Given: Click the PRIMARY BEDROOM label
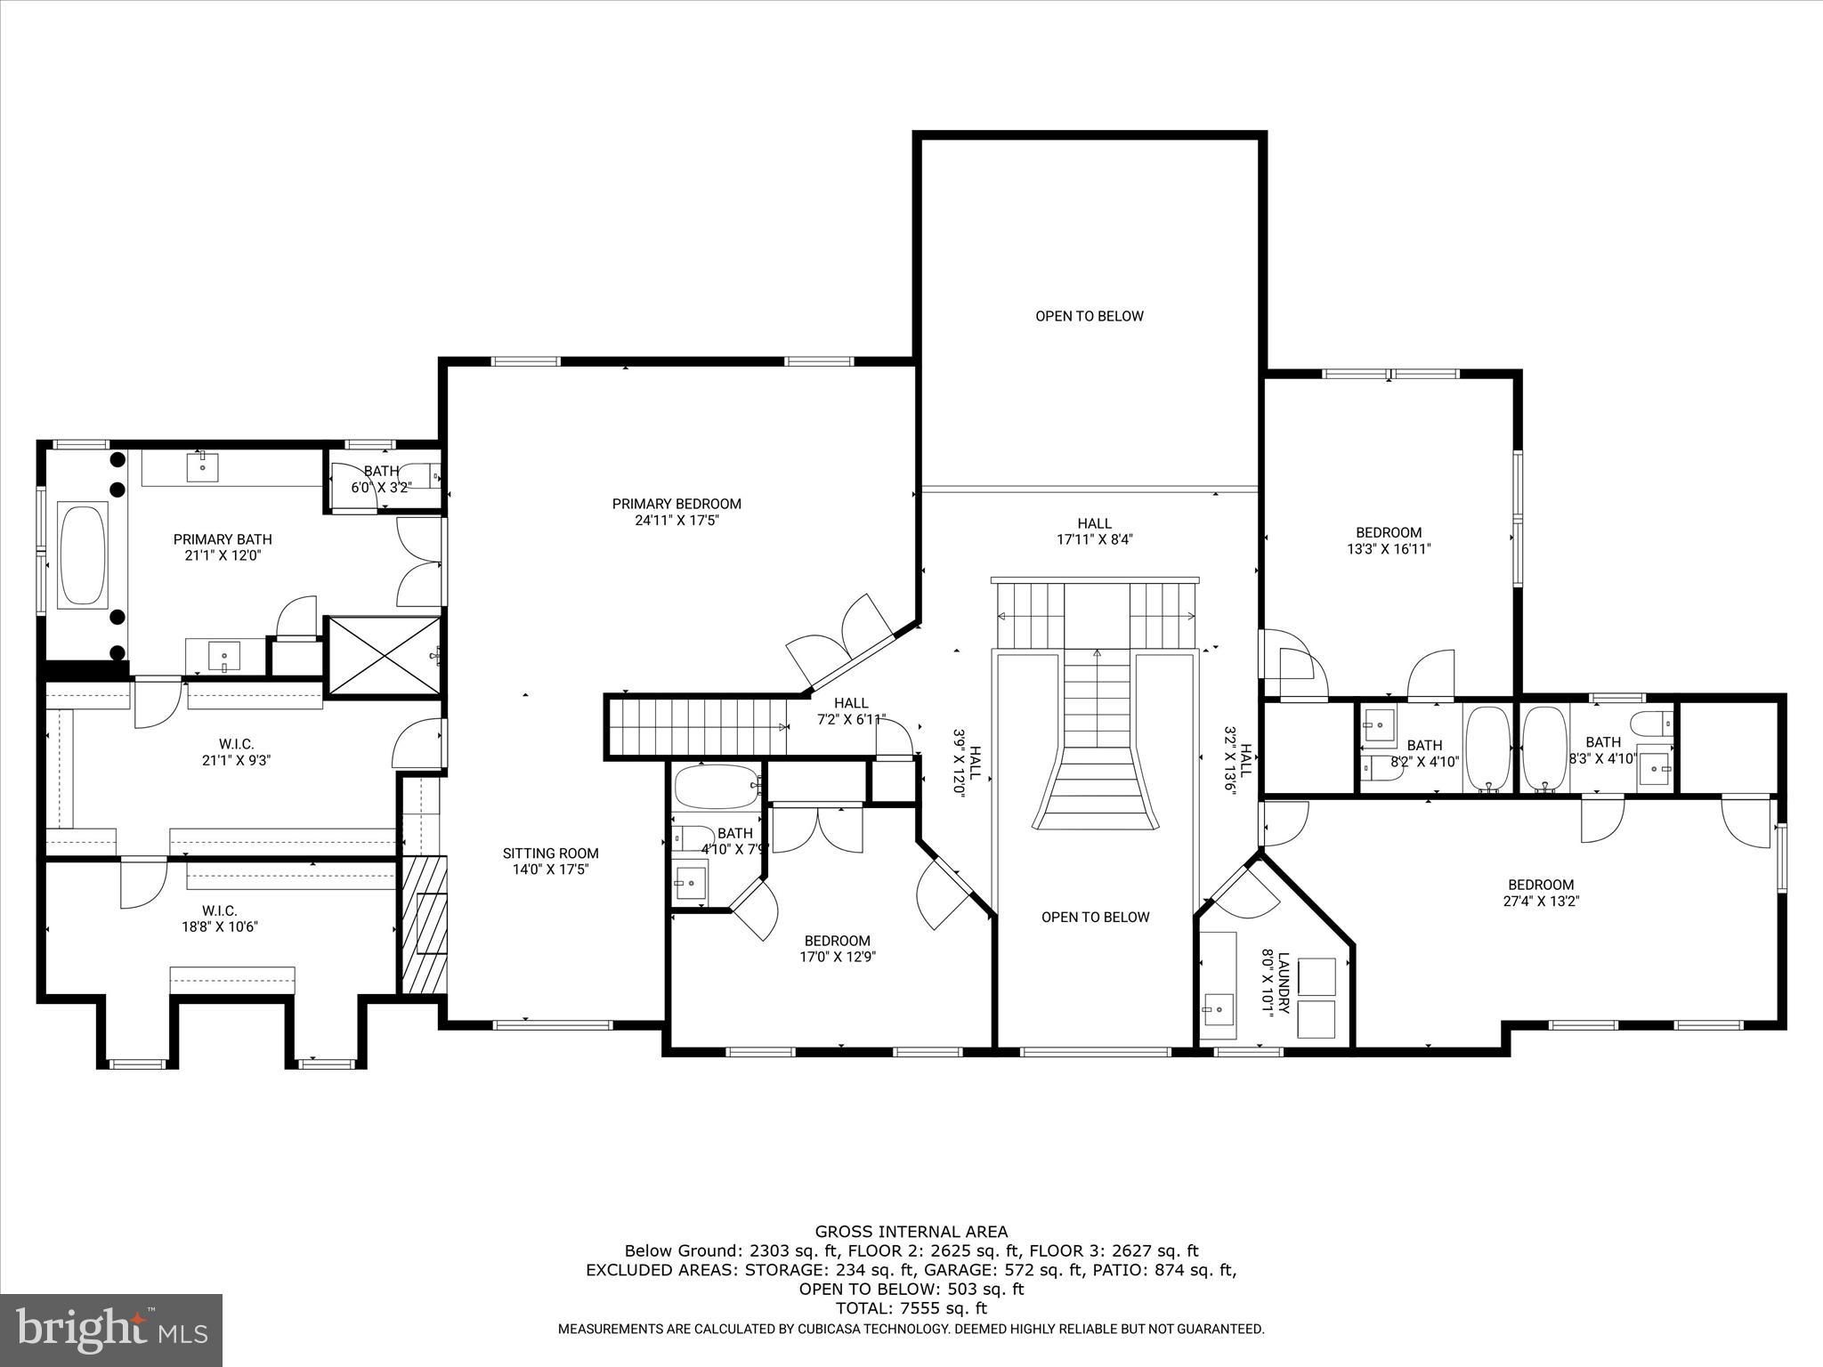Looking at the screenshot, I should (677, 504).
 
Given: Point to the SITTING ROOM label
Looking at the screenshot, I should (550, 853).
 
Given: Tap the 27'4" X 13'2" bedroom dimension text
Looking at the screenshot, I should (1541, 901).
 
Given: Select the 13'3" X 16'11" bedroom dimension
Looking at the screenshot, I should (1389, 549).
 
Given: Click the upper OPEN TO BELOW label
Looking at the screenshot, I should (1089, 316).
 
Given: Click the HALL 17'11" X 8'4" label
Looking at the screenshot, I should (1094, 531).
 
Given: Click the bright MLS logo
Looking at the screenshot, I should (111, 1330).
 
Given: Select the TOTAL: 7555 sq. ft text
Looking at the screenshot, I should (911, 1308).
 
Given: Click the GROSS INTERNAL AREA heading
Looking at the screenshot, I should (911, 1232).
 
